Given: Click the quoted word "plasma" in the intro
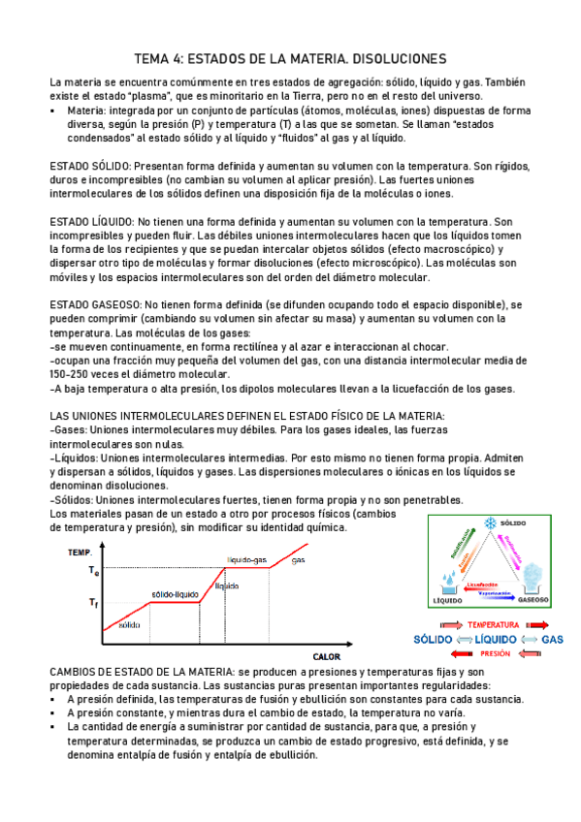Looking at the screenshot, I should pos(124,97).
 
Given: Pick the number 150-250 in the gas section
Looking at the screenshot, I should pos(73,374).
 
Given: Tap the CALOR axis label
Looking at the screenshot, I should pos(326,629).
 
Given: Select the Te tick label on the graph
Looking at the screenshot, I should pos(94,571).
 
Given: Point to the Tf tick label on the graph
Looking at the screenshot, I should pos(93,603).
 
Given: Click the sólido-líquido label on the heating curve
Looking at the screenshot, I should pos(175,593).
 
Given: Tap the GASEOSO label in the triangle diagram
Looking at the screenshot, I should pos(534,601).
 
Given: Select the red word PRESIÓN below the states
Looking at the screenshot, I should pos(496,654).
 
